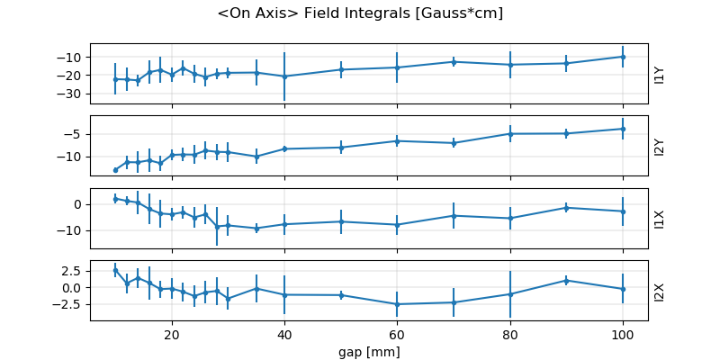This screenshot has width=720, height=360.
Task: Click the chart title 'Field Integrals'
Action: click(360, 13)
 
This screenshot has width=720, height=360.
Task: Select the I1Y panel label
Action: click(660, 74)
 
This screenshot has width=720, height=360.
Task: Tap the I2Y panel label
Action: click(660, 146)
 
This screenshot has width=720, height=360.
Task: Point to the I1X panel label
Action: click(660, 218)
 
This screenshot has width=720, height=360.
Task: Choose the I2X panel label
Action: click(660, 291)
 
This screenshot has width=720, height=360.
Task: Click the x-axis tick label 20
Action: click(171, 333)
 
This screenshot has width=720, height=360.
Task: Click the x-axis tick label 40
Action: click(284, 333)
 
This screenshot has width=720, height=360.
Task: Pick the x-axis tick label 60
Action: click(397, 333)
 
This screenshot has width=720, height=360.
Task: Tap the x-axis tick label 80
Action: click(510, 333)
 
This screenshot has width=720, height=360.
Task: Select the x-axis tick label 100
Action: click(623, 333)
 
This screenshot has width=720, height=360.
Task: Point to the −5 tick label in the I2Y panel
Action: click(76, 134)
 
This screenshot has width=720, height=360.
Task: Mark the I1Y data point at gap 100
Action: click(623, 57)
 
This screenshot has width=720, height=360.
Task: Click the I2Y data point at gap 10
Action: click(115, 170)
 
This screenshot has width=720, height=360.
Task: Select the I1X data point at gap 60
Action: click(397, 225)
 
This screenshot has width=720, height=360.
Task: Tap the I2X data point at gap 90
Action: click(566, 280)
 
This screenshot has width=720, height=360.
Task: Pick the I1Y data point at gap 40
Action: click(284, 76)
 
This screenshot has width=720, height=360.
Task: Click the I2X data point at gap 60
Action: click(397, 304)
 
